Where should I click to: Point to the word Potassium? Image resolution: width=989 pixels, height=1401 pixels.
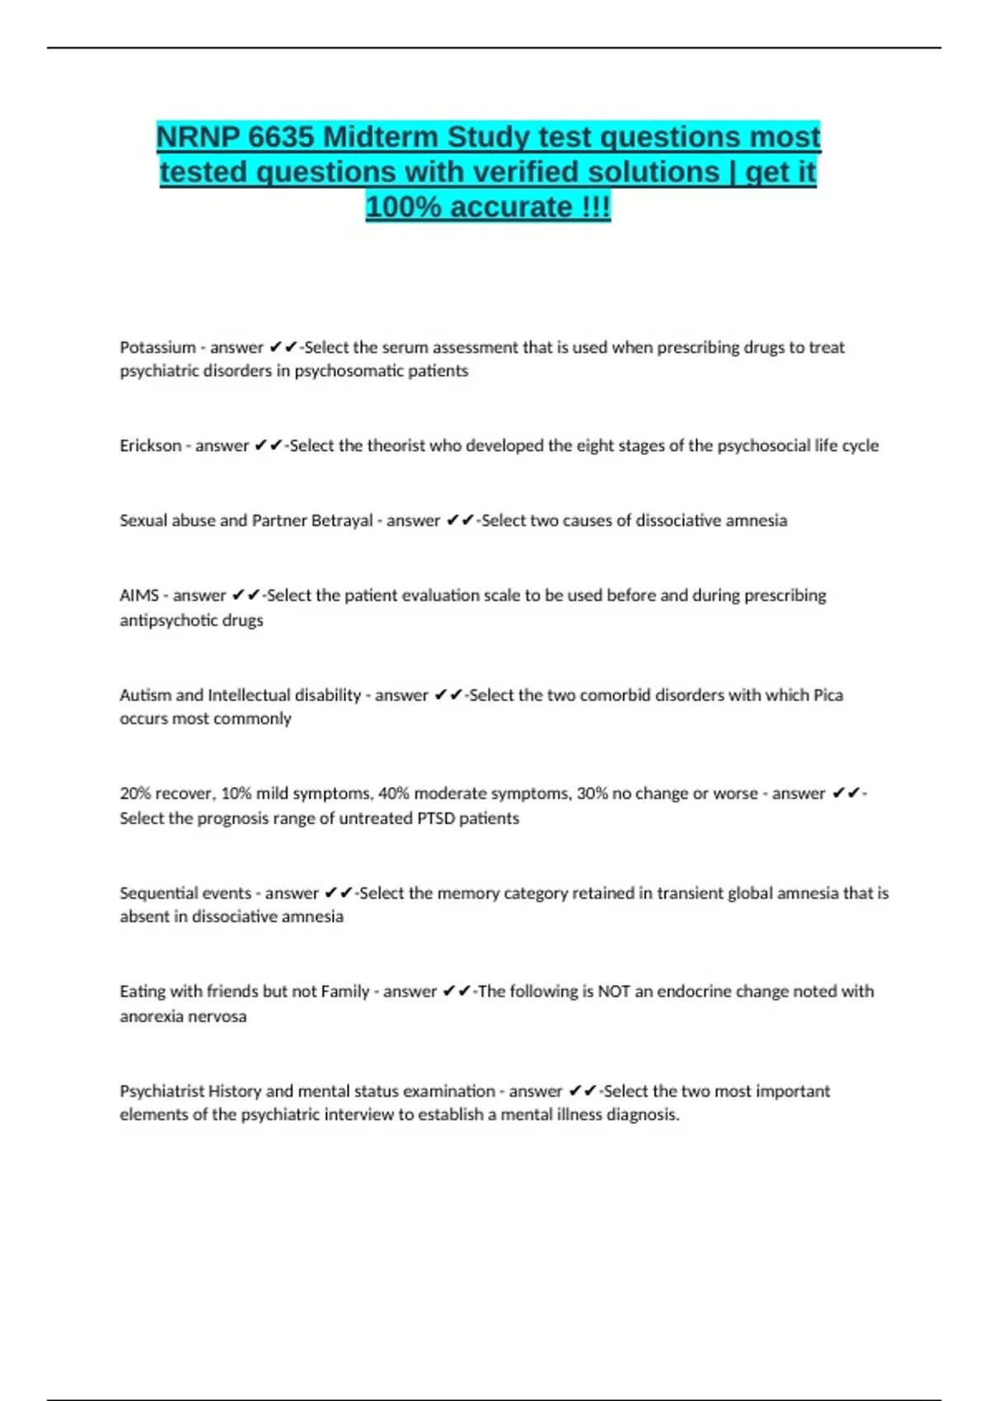tap(157, 347)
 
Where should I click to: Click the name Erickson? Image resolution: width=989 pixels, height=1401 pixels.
tap(150, 445)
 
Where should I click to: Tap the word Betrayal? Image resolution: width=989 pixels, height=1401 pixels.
tap(341, 520)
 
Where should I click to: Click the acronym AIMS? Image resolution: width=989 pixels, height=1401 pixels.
tap(138, 595)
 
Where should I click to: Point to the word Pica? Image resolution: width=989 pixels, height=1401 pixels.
tap(827, 695)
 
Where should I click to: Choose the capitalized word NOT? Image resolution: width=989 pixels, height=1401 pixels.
tap(613, 991)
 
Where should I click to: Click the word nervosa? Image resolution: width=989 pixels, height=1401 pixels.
tap(218, 1016)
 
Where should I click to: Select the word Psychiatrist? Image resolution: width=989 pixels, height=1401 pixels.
tap(162, 1090)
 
